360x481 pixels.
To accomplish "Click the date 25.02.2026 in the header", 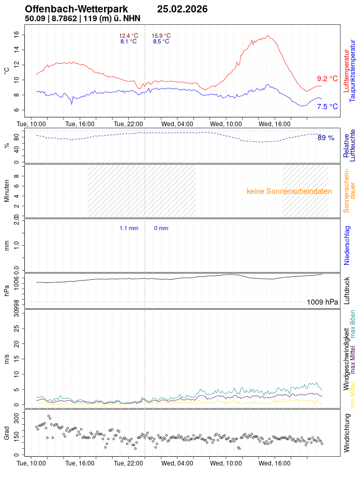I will [x=182, y=9].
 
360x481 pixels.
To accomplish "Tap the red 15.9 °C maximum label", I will [x=161, y=36].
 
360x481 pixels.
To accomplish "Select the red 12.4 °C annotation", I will [x=128, y=36].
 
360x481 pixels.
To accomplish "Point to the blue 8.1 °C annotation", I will [x=128, y=41].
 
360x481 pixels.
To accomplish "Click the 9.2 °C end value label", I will [x=327, y=79].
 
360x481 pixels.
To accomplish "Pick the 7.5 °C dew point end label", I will [x=327, y=107].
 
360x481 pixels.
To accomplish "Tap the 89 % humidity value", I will [x=325, y=138].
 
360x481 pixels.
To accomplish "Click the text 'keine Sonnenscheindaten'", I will [x=289, y=191].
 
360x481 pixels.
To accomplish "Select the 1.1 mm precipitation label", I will [x=129, y=228].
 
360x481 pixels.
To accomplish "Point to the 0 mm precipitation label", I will [x=161, y=228].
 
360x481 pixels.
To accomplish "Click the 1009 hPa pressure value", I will [x=322, y=302].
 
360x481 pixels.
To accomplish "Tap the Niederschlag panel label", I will [x=347, y=245].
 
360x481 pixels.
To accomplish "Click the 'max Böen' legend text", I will [x=353, y=324].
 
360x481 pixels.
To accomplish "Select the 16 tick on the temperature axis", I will [x=17, y=34].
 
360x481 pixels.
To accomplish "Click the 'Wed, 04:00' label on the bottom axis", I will [x=177, y=464].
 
